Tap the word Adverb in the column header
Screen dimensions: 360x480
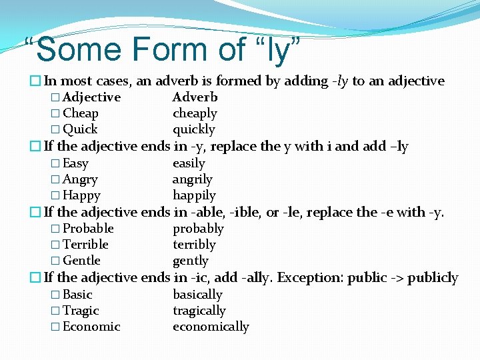point(195,97)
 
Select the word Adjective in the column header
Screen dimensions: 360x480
point(91,97)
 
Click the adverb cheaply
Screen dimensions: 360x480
point(195,113)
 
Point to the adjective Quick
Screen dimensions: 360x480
point(80,129)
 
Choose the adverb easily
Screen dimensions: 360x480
point(189,163)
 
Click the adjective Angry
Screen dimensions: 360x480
point(80,179)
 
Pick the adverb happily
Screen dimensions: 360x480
point(194,195)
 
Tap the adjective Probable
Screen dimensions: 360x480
point(88,229)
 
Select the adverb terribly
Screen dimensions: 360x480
point(194,245)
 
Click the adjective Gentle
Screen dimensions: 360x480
point(81,261)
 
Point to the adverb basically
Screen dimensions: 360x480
point(197,295)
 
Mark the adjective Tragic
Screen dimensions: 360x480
point(81,311)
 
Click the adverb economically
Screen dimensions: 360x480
point(211,327)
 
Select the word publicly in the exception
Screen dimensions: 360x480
point(433,277)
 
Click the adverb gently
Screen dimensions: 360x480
point(191,261)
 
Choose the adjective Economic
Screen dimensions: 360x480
point(91,327)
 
